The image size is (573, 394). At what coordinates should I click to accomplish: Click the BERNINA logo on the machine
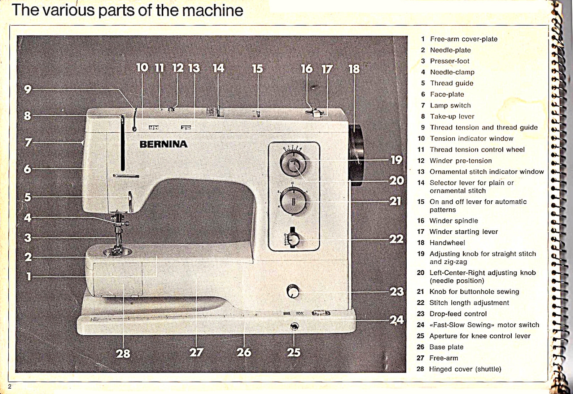click(x=163, y=144)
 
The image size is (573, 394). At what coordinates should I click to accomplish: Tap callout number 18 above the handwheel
click(x=354, y=69)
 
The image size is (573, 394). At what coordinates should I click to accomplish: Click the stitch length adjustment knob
click(x=293, y=239)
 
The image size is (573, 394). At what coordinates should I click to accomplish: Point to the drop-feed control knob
click(x=293, y=291)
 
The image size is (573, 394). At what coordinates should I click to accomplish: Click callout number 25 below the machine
click(x=294, y=352)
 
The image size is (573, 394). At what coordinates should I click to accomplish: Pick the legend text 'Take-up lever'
click(x=452, y=116)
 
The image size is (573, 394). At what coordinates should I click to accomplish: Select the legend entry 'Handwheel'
click(x=447, y=243)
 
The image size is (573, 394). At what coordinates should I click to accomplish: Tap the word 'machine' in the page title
click(x=212, y=10)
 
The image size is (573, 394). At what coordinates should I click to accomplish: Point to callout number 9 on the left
click(x=28, y=89)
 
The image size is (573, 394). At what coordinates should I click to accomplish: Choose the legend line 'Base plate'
click(x=446, y=347)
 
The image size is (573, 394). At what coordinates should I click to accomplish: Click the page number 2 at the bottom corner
click(x=10, y=387)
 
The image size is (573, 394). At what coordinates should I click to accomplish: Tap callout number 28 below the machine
click(x=123, y=353)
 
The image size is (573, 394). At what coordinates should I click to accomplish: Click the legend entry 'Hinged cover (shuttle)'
click(x=465, y=369)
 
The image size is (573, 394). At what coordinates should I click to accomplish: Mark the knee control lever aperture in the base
click(x=294, y=327)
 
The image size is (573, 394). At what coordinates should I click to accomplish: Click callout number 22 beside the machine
click(x=396, y=239)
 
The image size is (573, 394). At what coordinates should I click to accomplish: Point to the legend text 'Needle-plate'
click(x=450, y=50)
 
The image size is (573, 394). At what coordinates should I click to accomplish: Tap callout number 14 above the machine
click(x=218, y=68)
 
